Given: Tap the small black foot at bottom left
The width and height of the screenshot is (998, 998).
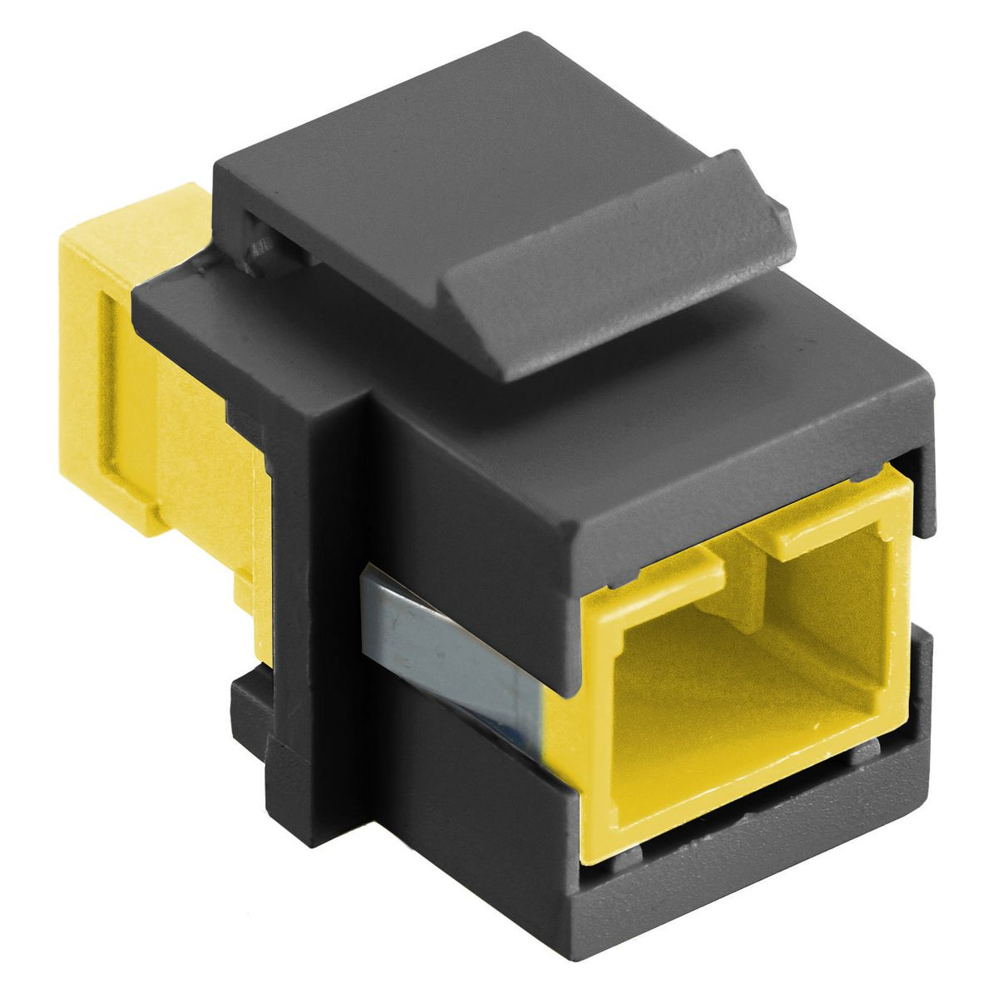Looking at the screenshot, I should coord(249,707).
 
